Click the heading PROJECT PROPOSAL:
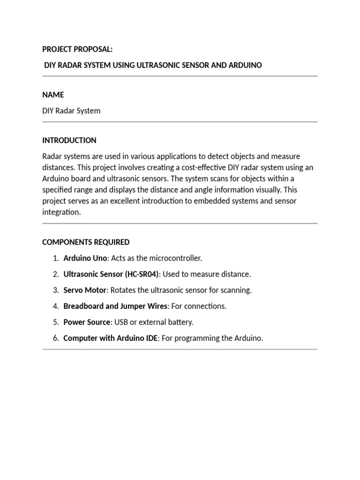tap(77, 49)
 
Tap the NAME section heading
tap(53, 95)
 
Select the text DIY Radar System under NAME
tap(71, 111)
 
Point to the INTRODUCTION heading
tap(69, 140)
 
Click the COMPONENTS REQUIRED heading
tap(86, 242)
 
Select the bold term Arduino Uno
tap(85, 258)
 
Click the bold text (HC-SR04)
tap(142, 274)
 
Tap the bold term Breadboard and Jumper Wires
tap(115, 306)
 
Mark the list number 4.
tap(55, 306)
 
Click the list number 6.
tap(55, 338)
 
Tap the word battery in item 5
tap(180, 322)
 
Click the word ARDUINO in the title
tap(245, 65)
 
